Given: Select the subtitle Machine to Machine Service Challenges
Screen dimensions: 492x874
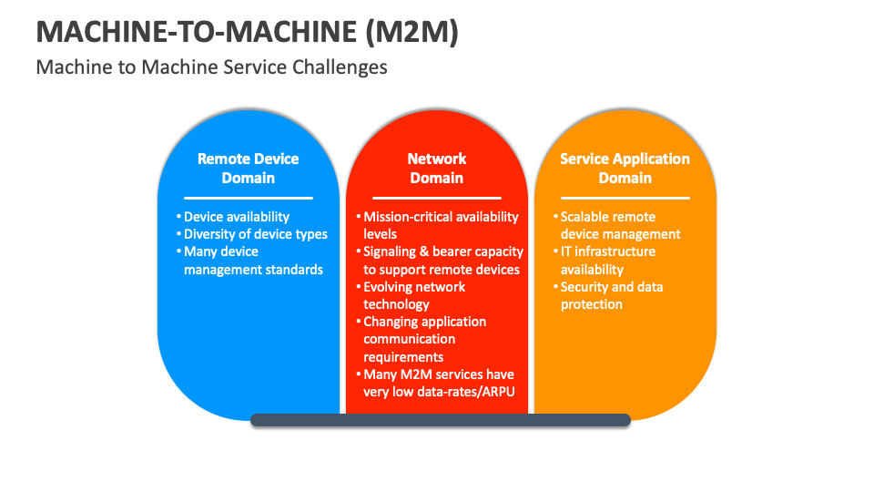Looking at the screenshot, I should point(211,67).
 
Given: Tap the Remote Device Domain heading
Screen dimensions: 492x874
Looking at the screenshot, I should point(248,168).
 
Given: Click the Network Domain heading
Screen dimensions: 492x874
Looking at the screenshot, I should point(436,168).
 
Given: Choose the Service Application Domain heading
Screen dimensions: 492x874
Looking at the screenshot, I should point(625,168).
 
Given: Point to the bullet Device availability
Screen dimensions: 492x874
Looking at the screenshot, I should point(236,217).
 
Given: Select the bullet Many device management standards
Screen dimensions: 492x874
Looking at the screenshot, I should point(252,261).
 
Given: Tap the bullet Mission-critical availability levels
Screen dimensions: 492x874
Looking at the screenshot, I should point(441,225).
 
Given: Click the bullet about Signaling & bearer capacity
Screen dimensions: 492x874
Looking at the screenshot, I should point(442,261).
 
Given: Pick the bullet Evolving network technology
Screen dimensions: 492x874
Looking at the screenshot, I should point(413,295).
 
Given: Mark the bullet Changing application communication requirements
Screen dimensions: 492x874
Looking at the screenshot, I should point(424,339).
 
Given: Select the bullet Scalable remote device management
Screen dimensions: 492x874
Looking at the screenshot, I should point(620,225).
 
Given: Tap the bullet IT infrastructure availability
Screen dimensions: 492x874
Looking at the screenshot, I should point(607,261).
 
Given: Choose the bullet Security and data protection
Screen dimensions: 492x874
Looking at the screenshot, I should point(611,295).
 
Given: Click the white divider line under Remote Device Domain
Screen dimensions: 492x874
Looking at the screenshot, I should point(248,198).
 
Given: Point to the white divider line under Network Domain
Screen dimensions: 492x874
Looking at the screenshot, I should point(436,198).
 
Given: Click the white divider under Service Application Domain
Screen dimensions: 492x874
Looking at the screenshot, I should point(625,198).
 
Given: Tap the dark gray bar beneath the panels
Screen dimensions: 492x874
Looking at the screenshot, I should point(441,420).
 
